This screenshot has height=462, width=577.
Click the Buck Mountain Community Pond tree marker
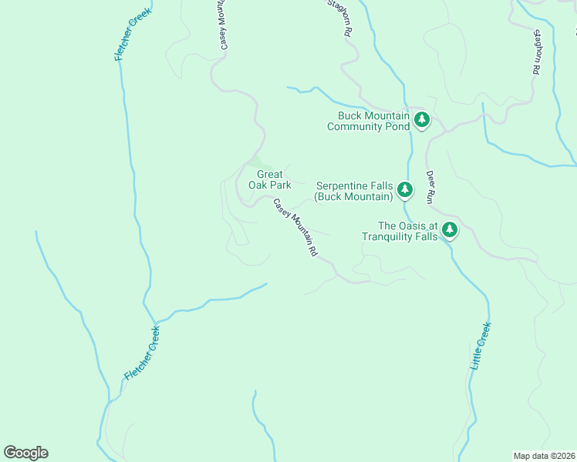pos(421,119)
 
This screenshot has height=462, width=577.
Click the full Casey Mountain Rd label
pos(295,227)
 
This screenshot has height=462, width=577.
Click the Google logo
pos(25,453)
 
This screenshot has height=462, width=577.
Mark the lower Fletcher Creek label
pos(142,353)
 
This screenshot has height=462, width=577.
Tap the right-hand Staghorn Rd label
pos(535,51)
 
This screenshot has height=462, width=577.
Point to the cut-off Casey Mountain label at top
pos(222,25)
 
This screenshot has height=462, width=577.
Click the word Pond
pos(397,126)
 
